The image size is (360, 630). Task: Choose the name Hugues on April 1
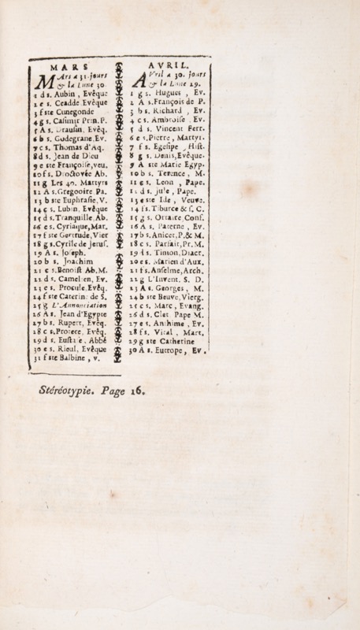pos(166,94)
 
